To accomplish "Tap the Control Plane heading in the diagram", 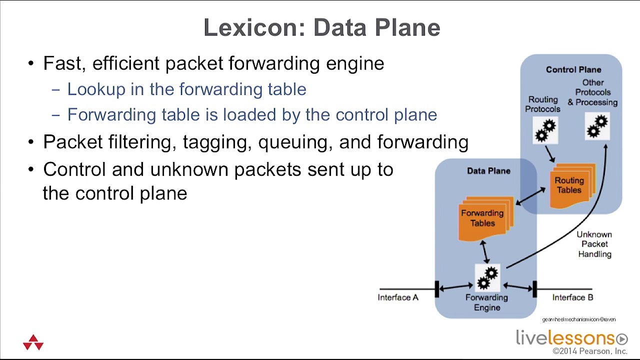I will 573,69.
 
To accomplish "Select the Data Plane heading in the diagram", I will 488,171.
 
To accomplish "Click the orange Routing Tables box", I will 570,185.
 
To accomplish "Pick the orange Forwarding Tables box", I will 483,218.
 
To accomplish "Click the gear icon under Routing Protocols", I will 545,130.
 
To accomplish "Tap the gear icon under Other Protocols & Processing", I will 597,126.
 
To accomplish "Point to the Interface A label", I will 398,297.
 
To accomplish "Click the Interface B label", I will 572,297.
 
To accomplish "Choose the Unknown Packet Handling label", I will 594,244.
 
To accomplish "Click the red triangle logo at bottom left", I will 33,342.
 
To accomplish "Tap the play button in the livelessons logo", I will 621,339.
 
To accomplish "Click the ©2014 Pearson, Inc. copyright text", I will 590,351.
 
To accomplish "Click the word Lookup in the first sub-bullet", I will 96,89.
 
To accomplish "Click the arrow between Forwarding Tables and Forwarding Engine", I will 484,252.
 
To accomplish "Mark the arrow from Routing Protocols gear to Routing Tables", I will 550,153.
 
